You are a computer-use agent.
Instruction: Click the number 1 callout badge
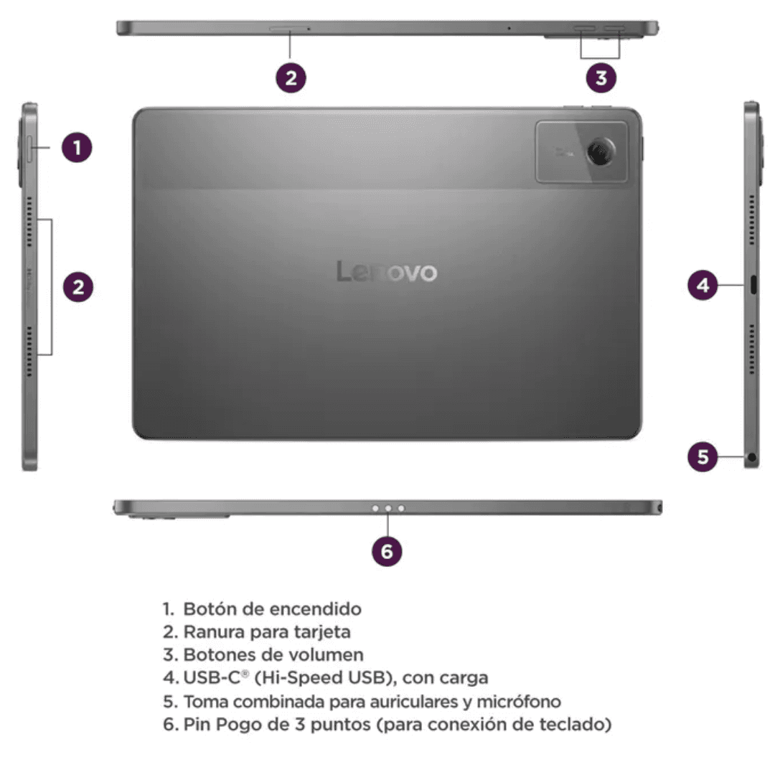77,147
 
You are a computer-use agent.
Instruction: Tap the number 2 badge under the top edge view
291,77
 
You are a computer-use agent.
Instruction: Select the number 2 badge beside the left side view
78,287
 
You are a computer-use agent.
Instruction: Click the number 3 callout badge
601,77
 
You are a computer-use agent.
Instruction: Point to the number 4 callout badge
703,285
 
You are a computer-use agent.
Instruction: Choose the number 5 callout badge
703,456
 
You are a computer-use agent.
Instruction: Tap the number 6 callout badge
387,551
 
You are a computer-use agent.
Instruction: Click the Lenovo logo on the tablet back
387,271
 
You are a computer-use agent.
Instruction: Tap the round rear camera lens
601,151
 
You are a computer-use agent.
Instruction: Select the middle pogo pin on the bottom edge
388,508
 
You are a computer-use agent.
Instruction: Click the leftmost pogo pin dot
375,508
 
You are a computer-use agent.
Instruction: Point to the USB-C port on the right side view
753,285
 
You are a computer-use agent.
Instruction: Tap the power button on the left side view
29,148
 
